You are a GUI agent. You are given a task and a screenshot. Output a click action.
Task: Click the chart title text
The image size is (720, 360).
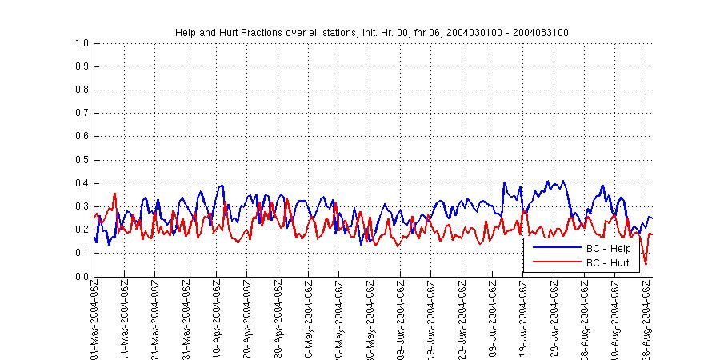[x=372, y=32]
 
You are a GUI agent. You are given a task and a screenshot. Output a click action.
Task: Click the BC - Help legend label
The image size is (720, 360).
[x=608, y=249]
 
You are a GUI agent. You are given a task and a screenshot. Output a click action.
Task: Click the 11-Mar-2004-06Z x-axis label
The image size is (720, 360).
[x=125, y=317]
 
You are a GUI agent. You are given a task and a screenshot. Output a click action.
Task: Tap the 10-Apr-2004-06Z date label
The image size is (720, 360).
[x=217, y=317]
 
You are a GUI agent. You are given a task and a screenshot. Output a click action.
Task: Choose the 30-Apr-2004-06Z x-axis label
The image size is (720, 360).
[x=278, y=317]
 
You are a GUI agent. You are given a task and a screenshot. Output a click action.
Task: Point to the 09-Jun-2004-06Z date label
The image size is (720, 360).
[x=401, y=317]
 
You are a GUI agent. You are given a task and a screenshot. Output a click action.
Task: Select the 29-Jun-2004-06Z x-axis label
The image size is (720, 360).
[x=462, y=317]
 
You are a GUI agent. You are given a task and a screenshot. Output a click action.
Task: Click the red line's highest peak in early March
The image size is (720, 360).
[x=115, y=194]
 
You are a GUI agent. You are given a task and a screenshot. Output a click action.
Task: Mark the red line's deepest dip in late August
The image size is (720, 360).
[x=645, y=264]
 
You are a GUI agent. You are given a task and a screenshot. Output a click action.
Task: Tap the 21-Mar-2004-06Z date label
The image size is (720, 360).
[x=155, y=317]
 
